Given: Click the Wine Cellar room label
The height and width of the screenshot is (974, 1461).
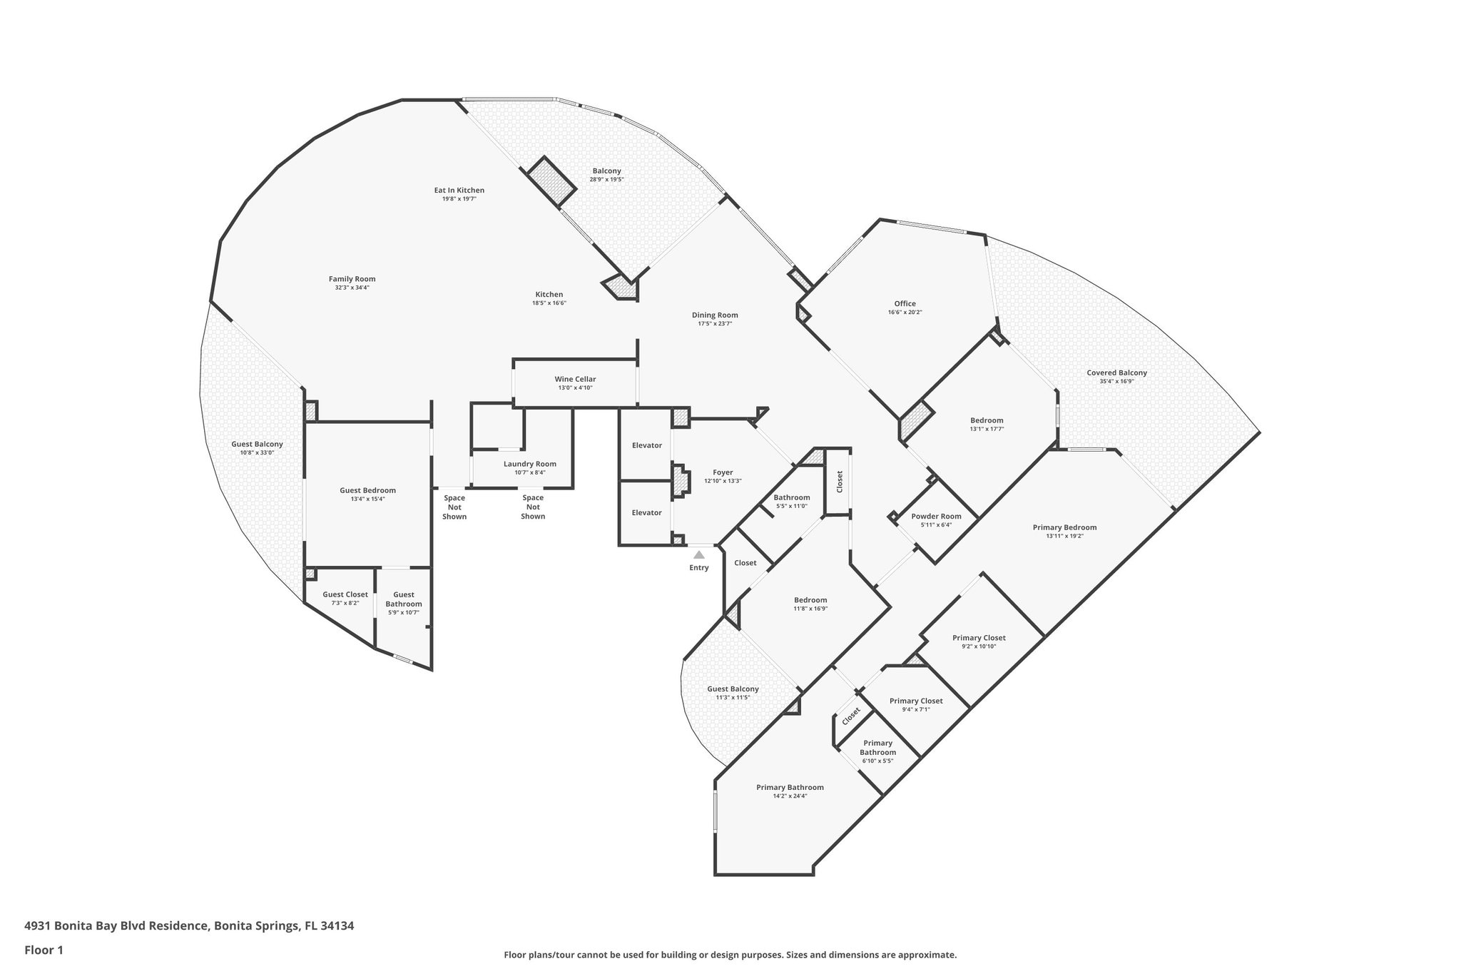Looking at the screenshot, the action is click(575, 380).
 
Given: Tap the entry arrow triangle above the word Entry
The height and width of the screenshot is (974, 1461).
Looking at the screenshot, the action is click(699, 554).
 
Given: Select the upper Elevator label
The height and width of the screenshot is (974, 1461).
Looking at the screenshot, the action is click(646, 445).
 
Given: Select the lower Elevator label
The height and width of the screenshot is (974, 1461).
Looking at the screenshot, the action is click(646, 512).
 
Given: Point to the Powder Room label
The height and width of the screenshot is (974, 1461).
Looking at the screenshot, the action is click(936, 517).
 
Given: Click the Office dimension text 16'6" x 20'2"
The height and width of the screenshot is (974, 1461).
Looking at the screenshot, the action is click(905, 313).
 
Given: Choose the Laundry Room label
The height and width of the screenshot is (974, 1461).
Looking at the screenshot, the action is click(529, 464).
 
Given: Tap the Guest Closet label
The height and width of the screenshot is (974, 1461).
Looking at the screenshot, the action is click(345, 594).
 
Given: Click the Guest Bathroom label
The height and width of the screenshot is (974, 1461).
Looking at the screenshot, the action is click(404, 599).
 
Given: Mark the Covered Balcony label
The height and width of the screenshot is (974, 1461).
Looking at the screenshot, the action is click(1116, 372).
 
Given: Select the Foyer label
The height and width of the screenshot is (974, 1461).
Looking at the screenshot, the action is click(723, 472).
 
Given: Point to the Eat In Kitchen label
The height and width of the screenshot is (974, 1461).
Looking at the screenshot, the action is click(459, 191).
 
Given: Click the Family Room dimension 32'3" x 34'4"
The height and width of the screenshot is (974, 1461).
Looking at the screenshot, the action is click(352, 288).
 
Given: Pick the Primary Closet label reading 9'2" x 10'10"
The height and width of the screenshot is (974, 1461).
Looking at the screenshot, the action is click(979, 638).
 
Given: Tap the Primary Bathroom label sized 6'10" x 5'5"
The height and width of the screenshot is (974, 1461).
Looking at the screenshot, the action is click(877, 748).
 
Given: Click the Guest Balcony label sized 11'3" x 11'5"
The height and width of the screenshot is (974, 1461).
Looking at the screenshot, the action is click(733, 689).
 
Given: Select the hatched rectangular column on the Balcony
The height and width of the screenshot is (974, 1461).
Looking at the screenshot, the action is click(551, 182).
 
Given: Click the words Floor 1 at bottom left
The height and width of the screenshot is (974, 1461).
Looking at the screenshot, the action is click(44, 950).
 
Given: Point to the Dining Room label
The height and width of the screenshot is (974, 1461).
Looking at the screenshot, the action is click(715, 315).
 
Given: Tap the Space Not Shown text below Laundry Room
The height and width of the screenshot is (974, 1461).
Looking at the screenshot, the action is click(533, 507).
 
